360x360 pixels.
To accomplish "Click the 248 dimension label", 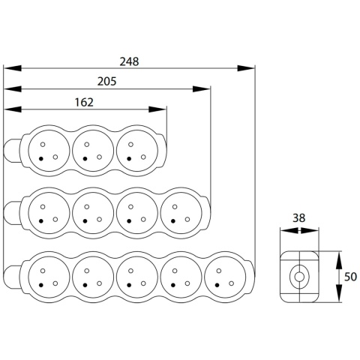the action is coord(129,61).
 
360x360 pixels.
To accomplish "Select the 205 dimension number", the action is coord(106,82).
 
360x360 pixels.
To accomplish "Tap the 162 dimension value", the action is coord(84,102).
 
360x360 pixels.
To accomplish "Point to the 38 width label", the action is coord(299,218).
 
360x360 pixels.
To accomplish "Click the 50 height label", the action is coord(350,277).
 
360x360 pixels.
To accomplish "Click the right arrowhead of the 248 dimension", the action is coord(246,68).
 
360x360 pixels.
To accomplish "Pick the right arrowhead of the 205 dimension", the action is coord(202,88).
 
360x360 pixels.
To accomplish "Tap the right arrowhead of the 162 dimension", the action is coord(157,109).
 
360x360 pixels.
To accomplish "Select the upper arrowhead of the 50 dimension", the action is coord(339,260).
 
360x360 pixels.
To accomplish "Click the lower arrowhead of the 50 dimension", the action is coord(339,292).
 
